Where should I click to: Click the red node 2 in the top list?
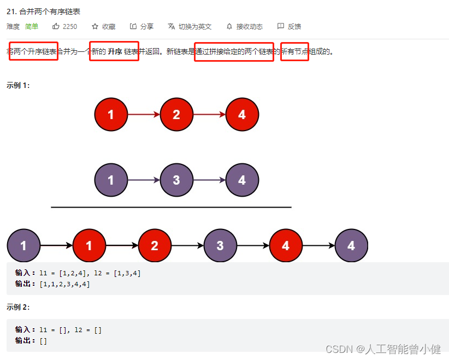(x=176, y=115)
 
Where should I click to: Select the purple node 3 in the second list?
(x=176, y=180)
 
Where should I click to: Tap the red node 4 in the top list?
(x=242, y=115)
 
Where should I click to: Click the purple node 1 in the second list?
(x=111, y=180)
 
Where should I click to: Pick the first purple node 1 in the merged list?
(x=23, y=246)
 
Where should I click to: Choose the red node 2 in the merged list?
(x=155, y=246)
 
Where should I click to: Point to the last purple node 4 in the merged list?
(x=351, y=246)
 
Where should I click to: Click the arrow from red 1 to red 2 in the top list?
(x=144, y=115)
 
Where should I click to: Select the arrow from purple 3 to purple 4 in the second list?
(x=209, y=180)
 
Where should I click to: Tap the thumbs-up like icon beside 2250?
(x=56, y=26)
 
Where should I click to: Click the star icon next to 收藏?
(x=95, y=26)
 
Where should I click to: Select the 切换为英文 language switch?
(x=190, y=26)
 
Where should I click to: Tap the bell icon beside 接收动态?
(x=229, y=26)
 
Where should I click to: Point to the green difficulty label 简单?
(x=32, y=26)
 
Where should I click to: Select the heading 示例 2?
(x=18, y=307)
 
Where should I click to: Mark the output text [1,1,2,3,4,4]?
(x=64, y=284)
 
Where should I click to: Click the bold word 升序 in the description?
(x=115, y=52)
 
